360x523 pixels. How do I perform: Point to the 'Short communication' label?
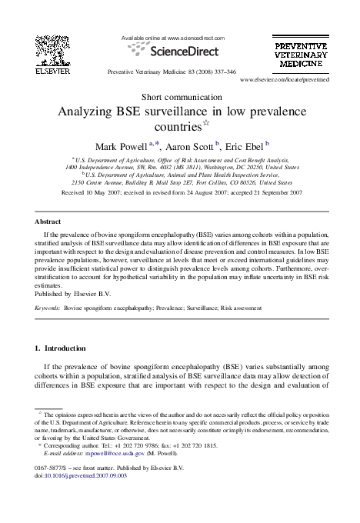pos(179,96)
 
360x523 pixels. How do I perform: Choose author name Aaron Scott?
pos(190,146)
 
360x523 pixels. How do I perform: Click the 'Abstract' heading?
pos(48,221)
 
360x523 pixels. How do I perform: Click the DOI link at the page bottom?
pos(81,477)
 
